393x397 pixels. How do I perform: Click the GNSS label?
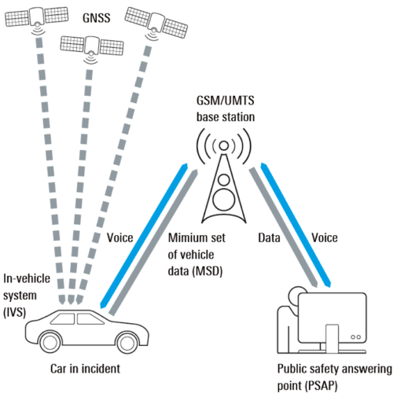tap(97, 18)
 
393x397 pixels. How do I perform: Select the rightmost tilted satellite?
tap(156, 24)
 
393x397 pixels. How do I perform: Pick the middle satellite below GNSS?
tap(92, 49)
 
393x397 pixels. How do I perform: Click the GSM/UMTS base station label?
tap(226, 109)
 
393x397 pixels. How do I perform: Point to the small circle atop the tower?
tap(223, 145)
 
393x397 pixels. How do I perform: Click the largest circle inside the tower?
tap(224, 199)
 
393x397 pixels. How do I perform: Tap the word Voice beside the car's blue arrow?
tap(119, 237)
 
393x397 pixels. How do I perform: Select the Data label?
tap(269, 237)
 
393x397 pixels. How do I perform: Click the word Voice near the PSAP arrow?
tap(325, 237)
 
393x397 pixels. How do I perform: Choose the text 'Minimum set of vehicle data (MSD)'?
tap(196, 255)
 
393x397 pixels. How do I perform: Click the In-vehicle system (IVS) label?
tap(27, 296)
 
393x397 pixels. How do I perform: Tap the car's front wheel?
tap(127, 342)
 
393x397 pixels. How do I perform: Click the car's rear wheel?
tap(50, 342)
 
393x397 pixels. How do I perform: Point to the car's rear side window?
tap(64, 318)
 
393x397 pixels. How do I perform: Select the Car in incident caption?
tap(85, 369)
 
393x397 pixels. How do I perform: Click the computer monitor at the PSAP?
tap(332, 318)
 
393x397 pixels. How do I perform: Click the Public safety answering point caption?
tap(335, 377)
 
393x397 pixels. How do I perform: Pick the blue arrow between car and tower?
tap(144, 236)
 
